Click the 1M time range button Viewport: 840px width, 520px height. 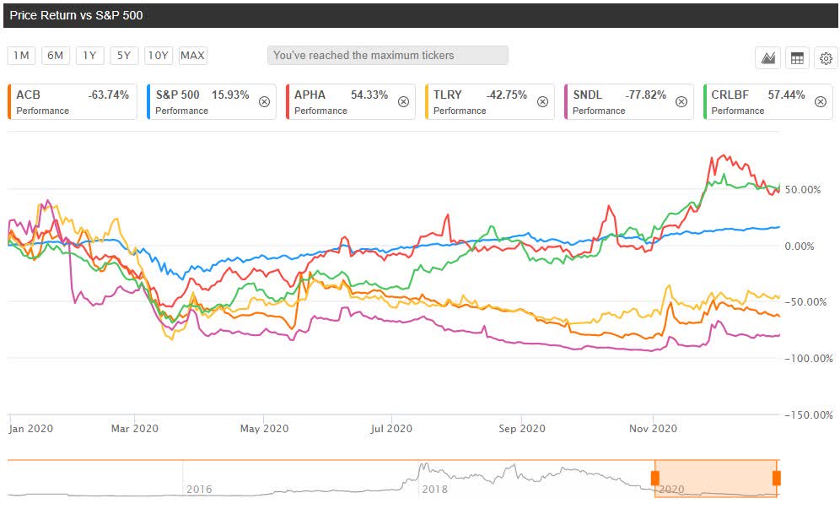pyautogui.click(x=21, y=56)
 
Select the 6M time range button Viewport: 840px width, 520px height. pyautogui.click(x=56, y=56)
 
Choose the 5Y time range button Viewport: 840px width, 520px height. pyautogui.click(x=124, y=56)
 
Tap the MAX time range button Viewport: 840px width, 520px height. pyautogui.click(x=192, y=56)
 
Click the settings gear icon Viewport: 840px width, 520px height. pyautogui.click(x=826, y=58)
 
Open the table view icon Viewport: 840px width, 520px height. pyautogui.click(x=796, y=58)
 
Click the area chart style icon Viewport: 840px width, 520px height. pyautogui.click(x=767, y=58)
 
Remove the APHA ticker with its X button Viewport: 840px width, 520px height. pyautogui.click(x=403, y=101)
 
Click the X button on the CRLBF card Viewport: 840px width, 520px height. pyautogui.click(x=821, y=101)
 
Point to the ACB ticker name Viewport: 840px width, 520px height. pyautogui.click(x=28, y=95)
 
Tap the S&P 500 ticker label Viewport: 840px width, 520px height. pyautogui.click(x=177, y=95)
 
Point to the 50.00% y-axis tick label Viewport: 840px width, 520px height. pyautogui.click(x=804, y=190)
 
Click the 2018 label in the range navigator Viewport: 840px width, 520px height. pyautogui.click(x=435, y=489)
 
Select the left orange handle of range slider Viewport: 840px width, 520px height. pyautogui.click(x=654, y=478)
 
